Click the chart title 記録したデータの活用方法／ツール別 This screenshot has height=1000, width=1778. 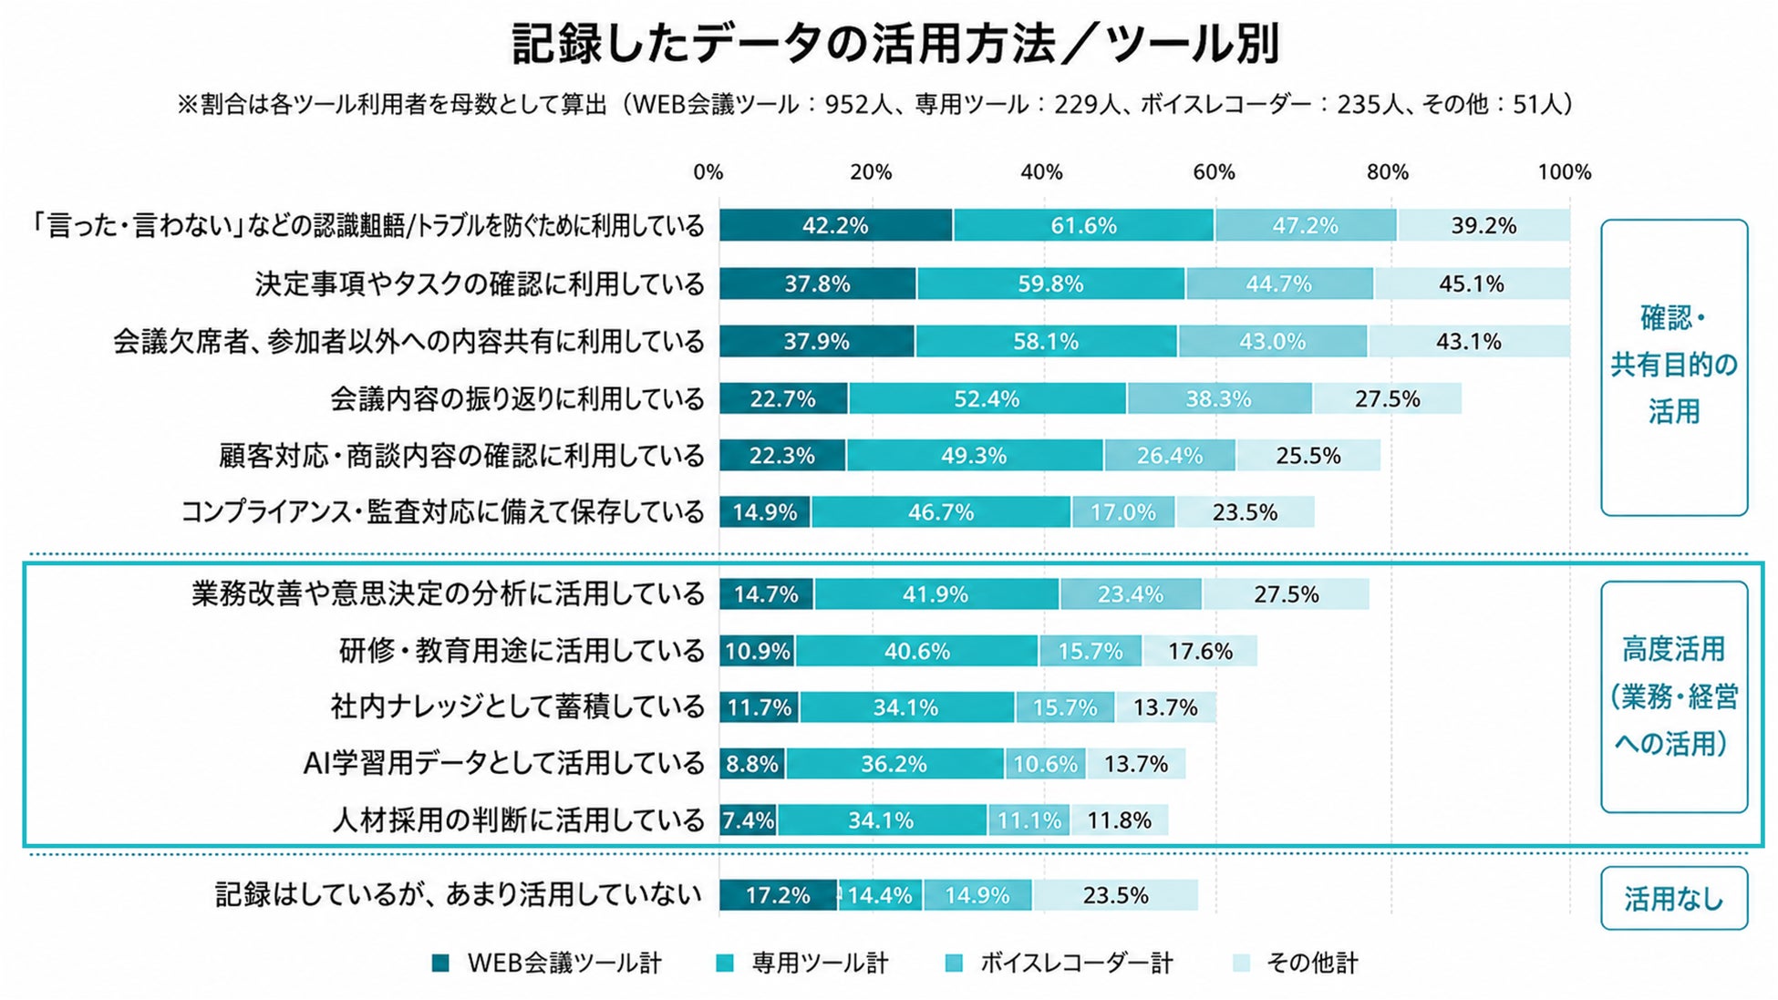tap(896, 44)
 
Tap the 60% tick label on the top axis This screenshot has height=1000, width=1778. tap(1214, 172)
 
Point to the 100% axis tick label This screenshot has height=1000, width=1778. tap(1565, 172)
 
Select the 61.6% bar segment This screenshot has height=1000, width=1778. tap(1083, 225)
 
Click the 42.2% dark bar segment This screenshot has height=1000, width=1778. tap(836, 225)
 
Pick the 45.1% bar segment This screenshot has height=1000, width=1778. tap(1472, 284)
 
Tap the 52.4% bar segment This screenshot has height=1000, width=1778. tap(987, 398)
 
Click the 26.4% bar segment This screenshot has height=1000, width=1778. tap(1170, 455)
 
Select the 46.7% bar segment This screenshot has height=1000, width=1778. tap(941, 512)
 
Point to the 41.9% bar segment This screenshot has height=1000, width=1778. tap(936, 594)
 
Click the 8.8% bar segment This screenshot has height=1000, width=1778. tap(753, 763)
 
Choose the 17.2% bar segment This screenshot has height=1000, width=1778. tap(779, 895)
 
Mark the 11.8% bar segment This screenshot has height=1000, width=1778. tap(1119, 820)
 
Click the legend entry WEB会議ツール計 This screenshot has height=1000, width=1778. tap(546, 963)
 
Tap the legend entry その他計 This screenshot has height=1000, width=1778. tap(1295, 963)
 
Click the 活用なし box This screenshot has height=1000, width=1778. tap(1674, 898)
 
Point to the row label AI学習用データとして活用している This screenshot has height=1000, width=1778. tap(503, 763)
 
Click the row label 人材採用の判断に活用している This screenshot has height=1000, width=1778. tap(518, 820)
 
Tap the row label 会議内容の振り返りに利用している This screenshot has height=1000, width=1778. tap(517, 398)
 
